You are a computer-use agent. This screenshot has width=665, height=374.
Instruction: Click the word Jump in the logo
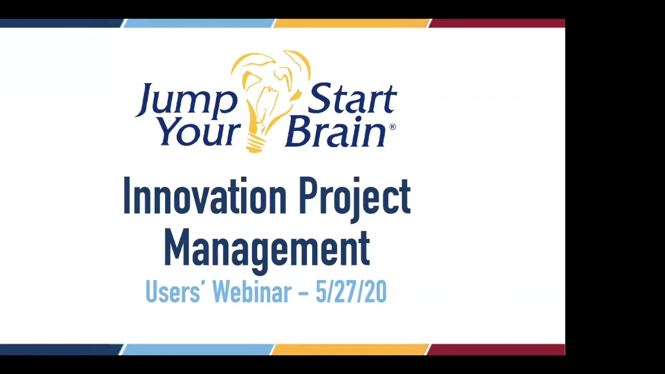click(x=186, y=99)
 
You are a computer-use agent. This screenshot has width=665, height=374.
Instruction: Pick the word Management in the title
click(x=267, y=248)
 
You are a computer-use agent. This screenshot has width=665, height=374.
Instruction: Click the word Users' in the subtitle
click(x=172, y=292)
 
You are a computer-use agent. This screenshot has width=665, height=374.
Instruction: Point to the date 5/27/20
click(x=351, y=292)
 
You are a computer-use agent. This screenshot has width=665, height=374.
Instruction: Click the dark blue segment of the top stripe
click(x=60, y=23)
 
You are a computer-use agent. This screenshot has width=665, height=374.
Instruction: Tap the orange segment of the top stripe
click(x=351, y=23)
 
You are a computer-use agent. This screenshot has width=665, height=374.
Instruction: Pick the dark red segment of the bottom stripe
click(x=496, y=350)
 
